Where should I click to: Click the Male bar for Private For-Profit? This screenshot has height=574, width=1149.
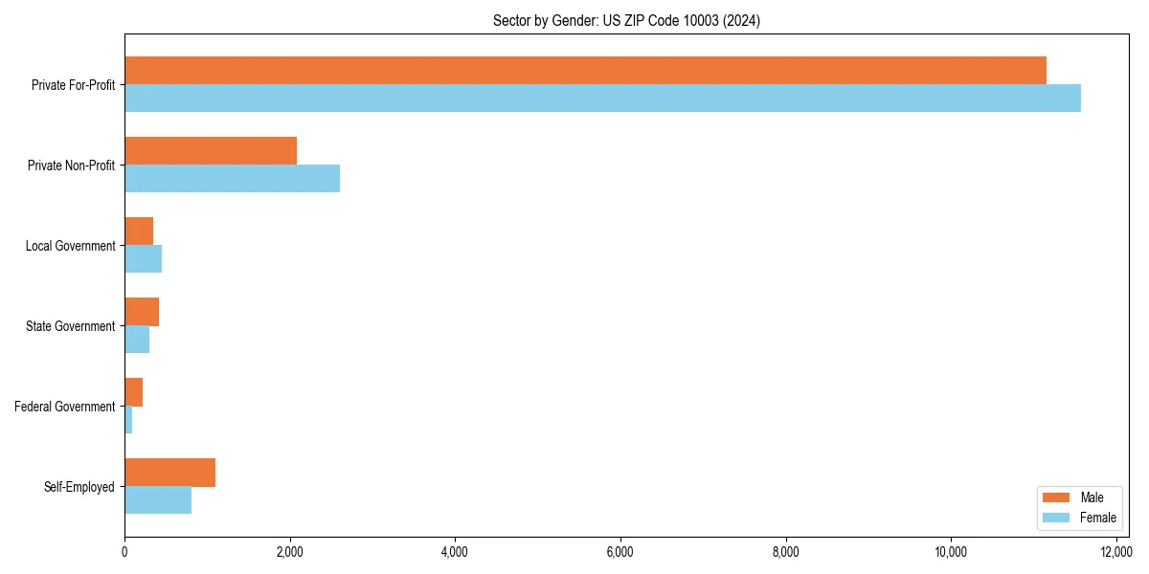585,71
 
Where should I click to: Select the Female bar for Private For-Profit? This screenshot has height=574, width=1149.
602,99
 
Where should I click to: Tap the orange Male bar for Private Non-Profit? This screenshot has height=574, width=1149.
211,151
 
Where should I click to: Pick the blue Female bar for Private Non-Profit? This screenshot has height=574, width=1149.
232,179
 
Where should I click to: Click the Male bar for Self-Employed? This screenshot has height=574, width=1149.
169,473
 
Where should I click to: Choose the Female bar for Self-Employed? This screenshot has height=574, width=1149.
158,500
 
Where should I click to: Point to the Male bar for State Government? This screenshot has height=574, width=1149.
142,312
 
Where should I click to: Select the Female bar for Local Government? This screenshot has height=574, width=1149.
143,259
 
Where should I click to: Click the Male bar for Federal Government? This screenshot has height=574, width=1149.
133,392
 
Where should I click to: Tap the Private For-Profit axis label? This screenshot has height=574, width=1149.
73,85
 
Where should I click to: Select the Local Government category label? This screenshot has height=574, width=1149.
70,246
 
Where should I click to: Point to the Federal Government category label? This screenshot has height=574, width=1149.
65,407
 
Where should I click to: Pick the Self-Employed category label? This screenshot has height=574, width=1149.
79,487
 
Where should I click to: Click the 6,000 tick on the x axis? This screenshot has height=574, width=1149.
620,552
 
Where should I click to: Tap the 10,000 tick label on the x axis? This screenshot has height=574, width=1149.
951,552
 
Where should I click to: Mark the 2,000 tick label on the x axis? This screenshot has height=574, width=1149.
289,552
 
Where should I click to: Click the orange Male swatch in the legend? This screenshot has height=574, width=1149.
1055,497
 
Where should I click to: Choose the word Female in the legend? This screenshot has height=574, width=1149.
1098,518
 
